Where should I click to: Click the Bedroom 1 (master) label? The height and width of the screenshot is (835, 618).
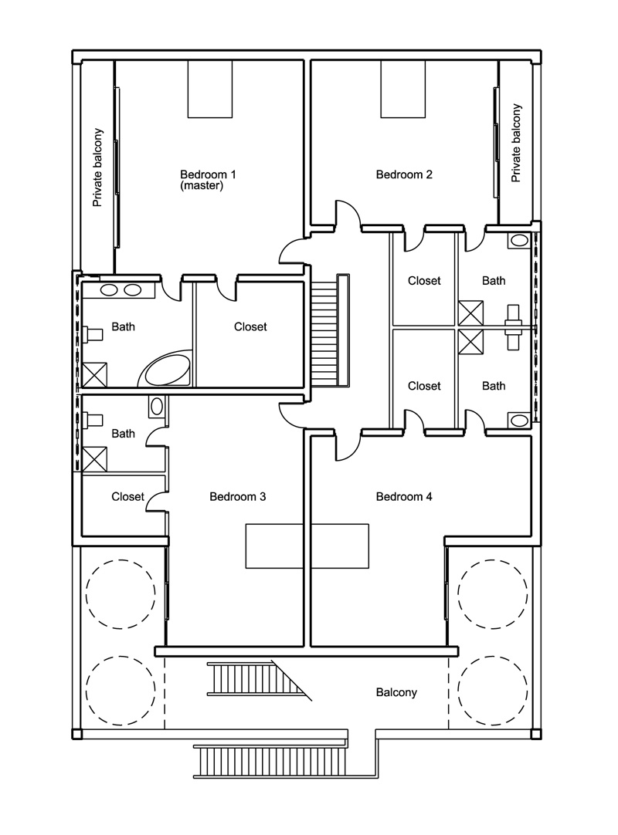point(208,180)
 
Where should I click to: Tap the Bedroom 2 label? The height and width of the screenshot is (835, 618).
point(404,174)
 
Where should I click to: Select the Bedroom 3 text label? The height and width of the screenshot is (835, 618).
point(237,496)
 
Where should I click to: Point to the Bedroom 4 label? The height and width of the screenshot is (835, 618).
point(404,496)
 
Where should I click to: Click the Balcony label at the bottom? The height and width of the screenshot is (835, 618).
point(396,692)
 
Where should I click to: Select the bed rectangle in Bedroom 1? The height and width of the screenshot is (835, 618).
point(209,89)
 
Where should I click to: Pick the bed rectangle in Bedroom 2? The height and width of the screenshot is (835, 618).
point(402,89)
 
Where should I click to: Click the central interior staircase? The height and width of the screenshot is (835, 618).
point(330,331)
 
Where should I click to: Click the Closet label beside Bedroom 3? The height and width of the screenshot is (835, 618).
point(127,496)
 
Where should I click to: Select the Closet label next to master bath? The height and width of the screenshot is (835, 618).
point(250,326)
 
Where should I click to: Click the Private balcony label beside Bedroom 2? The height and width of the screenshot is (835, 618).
point(515,143)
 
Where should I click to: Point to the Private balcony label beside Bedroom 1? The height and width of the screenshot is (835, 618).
point(97,167)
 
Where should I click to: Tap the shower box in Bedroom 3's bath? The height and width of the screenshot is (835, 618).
point(94,459)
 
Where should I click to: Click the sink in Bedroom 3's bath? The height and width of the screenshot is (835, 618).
point(157,407)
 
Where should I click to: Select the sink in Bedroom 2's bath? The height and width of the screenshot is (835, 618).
point(519,240)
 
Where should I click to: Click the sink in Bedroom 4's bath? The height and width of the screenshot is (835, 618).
point(519,420)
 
